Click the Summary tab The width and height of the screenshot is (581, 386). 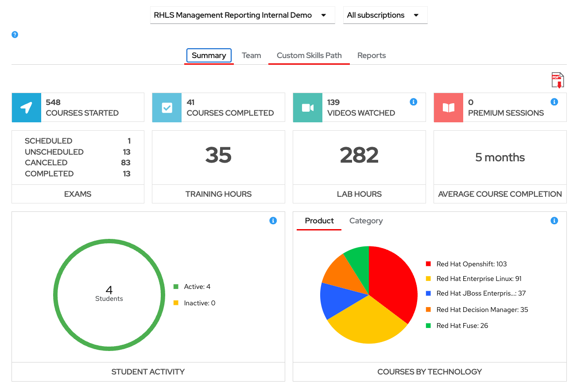[x=209, y=55]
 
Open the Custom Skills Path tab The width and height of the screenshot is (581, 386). [x=309, y=55]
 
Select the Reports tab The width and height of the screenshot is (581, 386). [x=371, y=55]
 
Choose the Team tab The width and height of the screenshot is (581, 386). [x=251, y=55]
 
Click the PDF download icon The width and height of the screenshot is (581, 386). [x=558, y=81]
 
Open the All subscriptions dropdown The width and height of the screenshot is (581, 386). [x=385, y=15]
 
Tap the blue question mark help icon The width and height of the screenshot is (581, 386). [x=15, y=35]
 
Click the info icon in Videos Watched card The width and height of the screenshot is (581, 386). [x=414, y=102]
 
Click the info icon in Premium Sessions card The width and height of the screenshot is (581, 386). [x=554, y=102]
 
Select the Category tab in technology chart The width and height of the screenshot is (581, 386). [x=366, y=221]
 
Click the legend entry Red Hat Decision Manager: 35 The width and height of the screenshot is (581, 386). [x=482, y=310]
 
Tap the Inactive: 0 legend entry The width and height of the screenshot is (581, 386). [x=199, y=303]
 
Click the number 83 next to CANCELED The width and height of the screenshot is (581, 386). [x=125, y=163]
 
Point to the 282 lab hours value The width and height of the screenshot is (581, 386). [x=359, y=155]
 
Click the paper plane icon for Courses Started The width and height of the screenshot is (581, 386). [x=27, y=108]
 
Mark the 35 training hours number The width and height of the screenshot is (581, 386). [x=218, y=155]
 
